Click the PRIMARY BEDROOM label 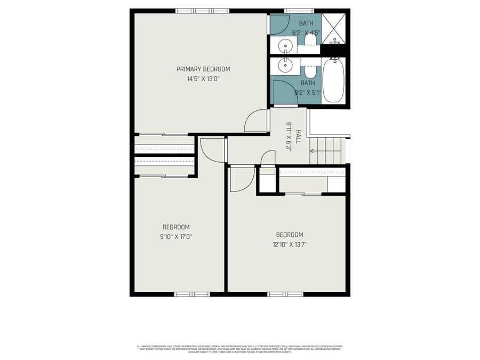click(203, 69)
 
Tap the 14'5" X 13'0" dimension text click(203, 79)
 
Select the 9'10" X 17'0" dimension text click(175, 237)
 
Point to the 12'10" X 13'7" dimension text click(289, 245)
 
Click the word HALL click(298, 137)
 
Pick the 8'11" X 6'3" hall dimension click(289, 137)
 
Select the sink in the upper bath click(286, 46)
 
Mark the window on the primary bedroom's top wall click(202, 11)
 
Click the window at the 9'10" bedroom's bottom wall click(192, 294)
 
